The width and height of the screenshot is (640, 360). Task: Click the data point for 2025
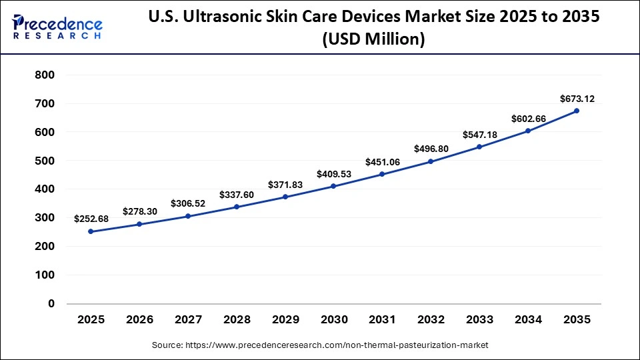(x=91, y=231)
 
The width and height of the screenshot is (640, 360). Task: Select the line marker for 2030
(x=333, y=186)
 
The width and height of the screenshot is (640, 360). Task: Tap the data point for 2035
(x=577, y=111)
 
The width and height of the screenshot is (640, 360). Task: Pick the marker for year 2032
(x=431, y=161)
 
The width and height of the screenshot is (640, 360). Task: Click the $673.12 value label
(x=577, y=99)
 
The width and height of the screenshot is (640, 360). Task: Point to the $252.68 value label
(x=91, y=219)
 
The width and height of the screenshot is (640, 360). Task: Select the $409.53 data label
(x=333, y=174)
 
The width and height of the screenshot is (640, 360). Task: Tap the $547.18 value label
(x=479, y=135)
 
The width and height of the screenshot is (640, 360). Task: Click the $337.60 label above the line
(x=236, y=195)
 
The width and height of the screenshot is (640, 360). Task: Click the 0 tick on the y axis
(x=51, y=304)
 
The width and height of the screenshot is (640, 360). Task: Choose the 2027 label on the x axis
(x=188, y=320)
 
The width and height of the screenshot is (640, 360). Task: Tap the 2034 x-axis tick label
(x=528, y=320)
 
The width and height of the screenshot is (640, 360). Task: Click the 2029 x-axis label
(x=285, y=320)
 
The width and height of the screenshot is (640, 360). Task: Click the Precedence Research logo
(x=57, y=27)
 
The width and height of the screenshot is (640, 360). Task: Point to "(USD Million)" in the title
(x=373, y=40)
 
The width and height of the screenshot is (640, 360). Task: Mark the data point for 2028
(x=236, y=207)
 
